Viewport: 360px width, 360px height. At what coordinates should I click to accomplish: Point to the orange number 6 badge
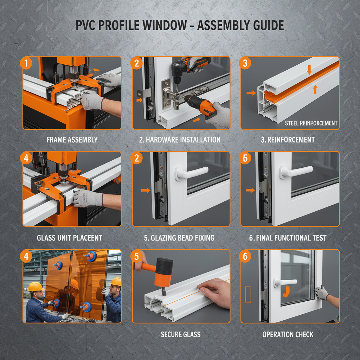coord(245,256)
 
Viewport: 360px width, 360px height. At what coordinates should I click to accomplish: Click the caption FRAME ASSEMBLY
coord(72,140)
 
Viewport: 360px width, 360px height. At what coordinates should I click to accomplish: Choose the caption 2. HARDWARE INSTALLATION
coord(180,140)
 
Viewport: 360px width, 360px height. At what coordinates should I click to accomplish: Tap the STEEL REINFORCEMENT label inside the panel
coord(311,123)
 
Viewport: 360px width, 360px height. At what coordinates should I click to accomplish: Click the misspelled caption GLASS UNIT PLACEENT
coord(69,238)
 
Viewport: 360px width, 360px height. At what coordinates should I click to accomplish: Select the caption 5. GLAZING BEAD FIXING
coord(179,238)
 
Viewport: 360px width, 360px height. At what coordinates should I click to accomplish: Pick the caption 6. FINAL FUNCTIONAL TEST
coord(288,238)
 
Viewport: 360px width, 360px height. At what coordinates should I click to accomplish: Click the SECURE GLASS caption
coord(181,334)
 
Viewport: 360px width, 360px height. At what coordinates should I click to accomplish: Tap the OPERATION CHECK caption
coord(288,334)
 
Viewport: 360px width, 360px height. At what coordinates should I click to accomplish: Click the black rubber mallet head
coord(164,268)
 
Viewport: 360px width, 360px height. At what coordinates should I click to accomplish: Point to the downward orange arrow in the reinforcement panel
coord(309,71)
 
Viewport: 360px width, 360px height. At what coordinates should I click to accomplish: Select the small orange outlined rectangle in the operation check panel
coord(248,294)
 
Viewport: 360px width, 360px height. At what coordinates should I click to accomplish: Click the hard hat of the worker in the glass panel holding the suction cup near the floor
coord(36,287)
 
